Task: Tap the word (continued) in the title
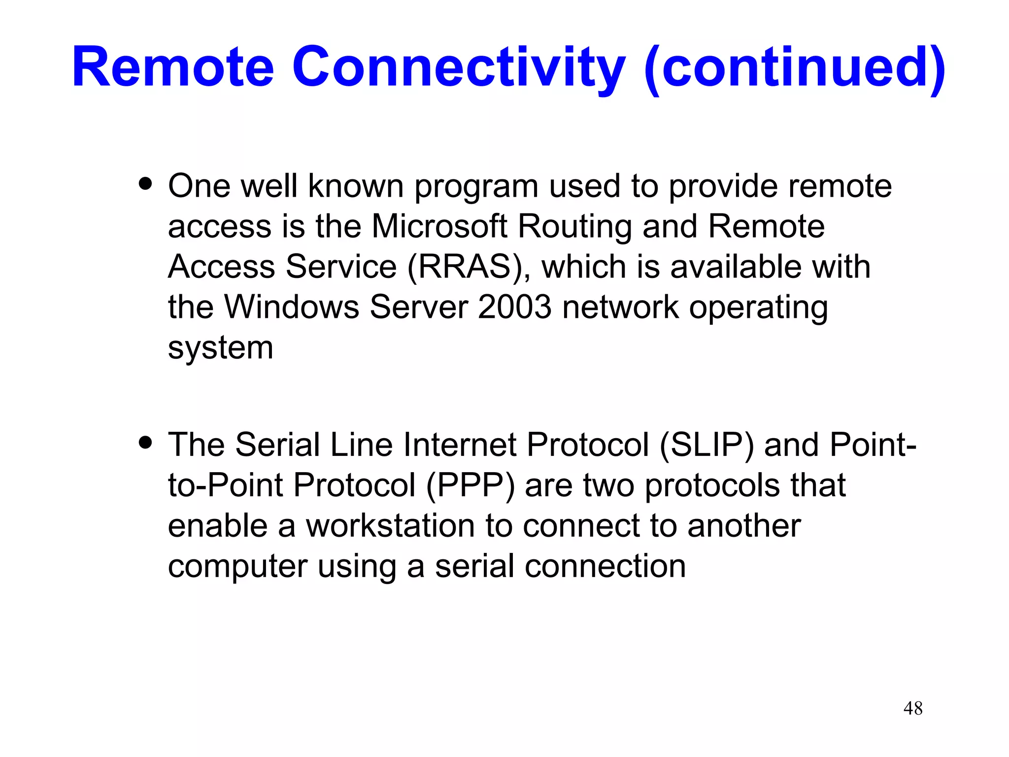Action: [x=794, y=67]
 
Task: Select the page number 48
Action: [x=913, y=708]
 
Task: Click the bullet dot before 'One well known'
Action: [x=145, y=184]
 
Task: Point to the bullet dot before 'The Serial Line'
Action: [x=145, y=442]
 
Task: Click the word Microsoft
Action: [x=439, y=226]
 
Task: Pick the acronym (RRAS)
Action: [x=465, y=267]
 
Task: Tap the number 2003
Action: [x=514, y=307]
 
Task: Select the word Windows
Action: [x=292, y=307]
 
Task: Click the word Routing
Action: [x=574, y=226]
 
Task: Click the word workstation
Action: [x=390, y=526]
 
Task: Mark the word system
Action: [x=220, y=348]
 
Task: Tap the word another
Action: [x=744, y=526]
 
